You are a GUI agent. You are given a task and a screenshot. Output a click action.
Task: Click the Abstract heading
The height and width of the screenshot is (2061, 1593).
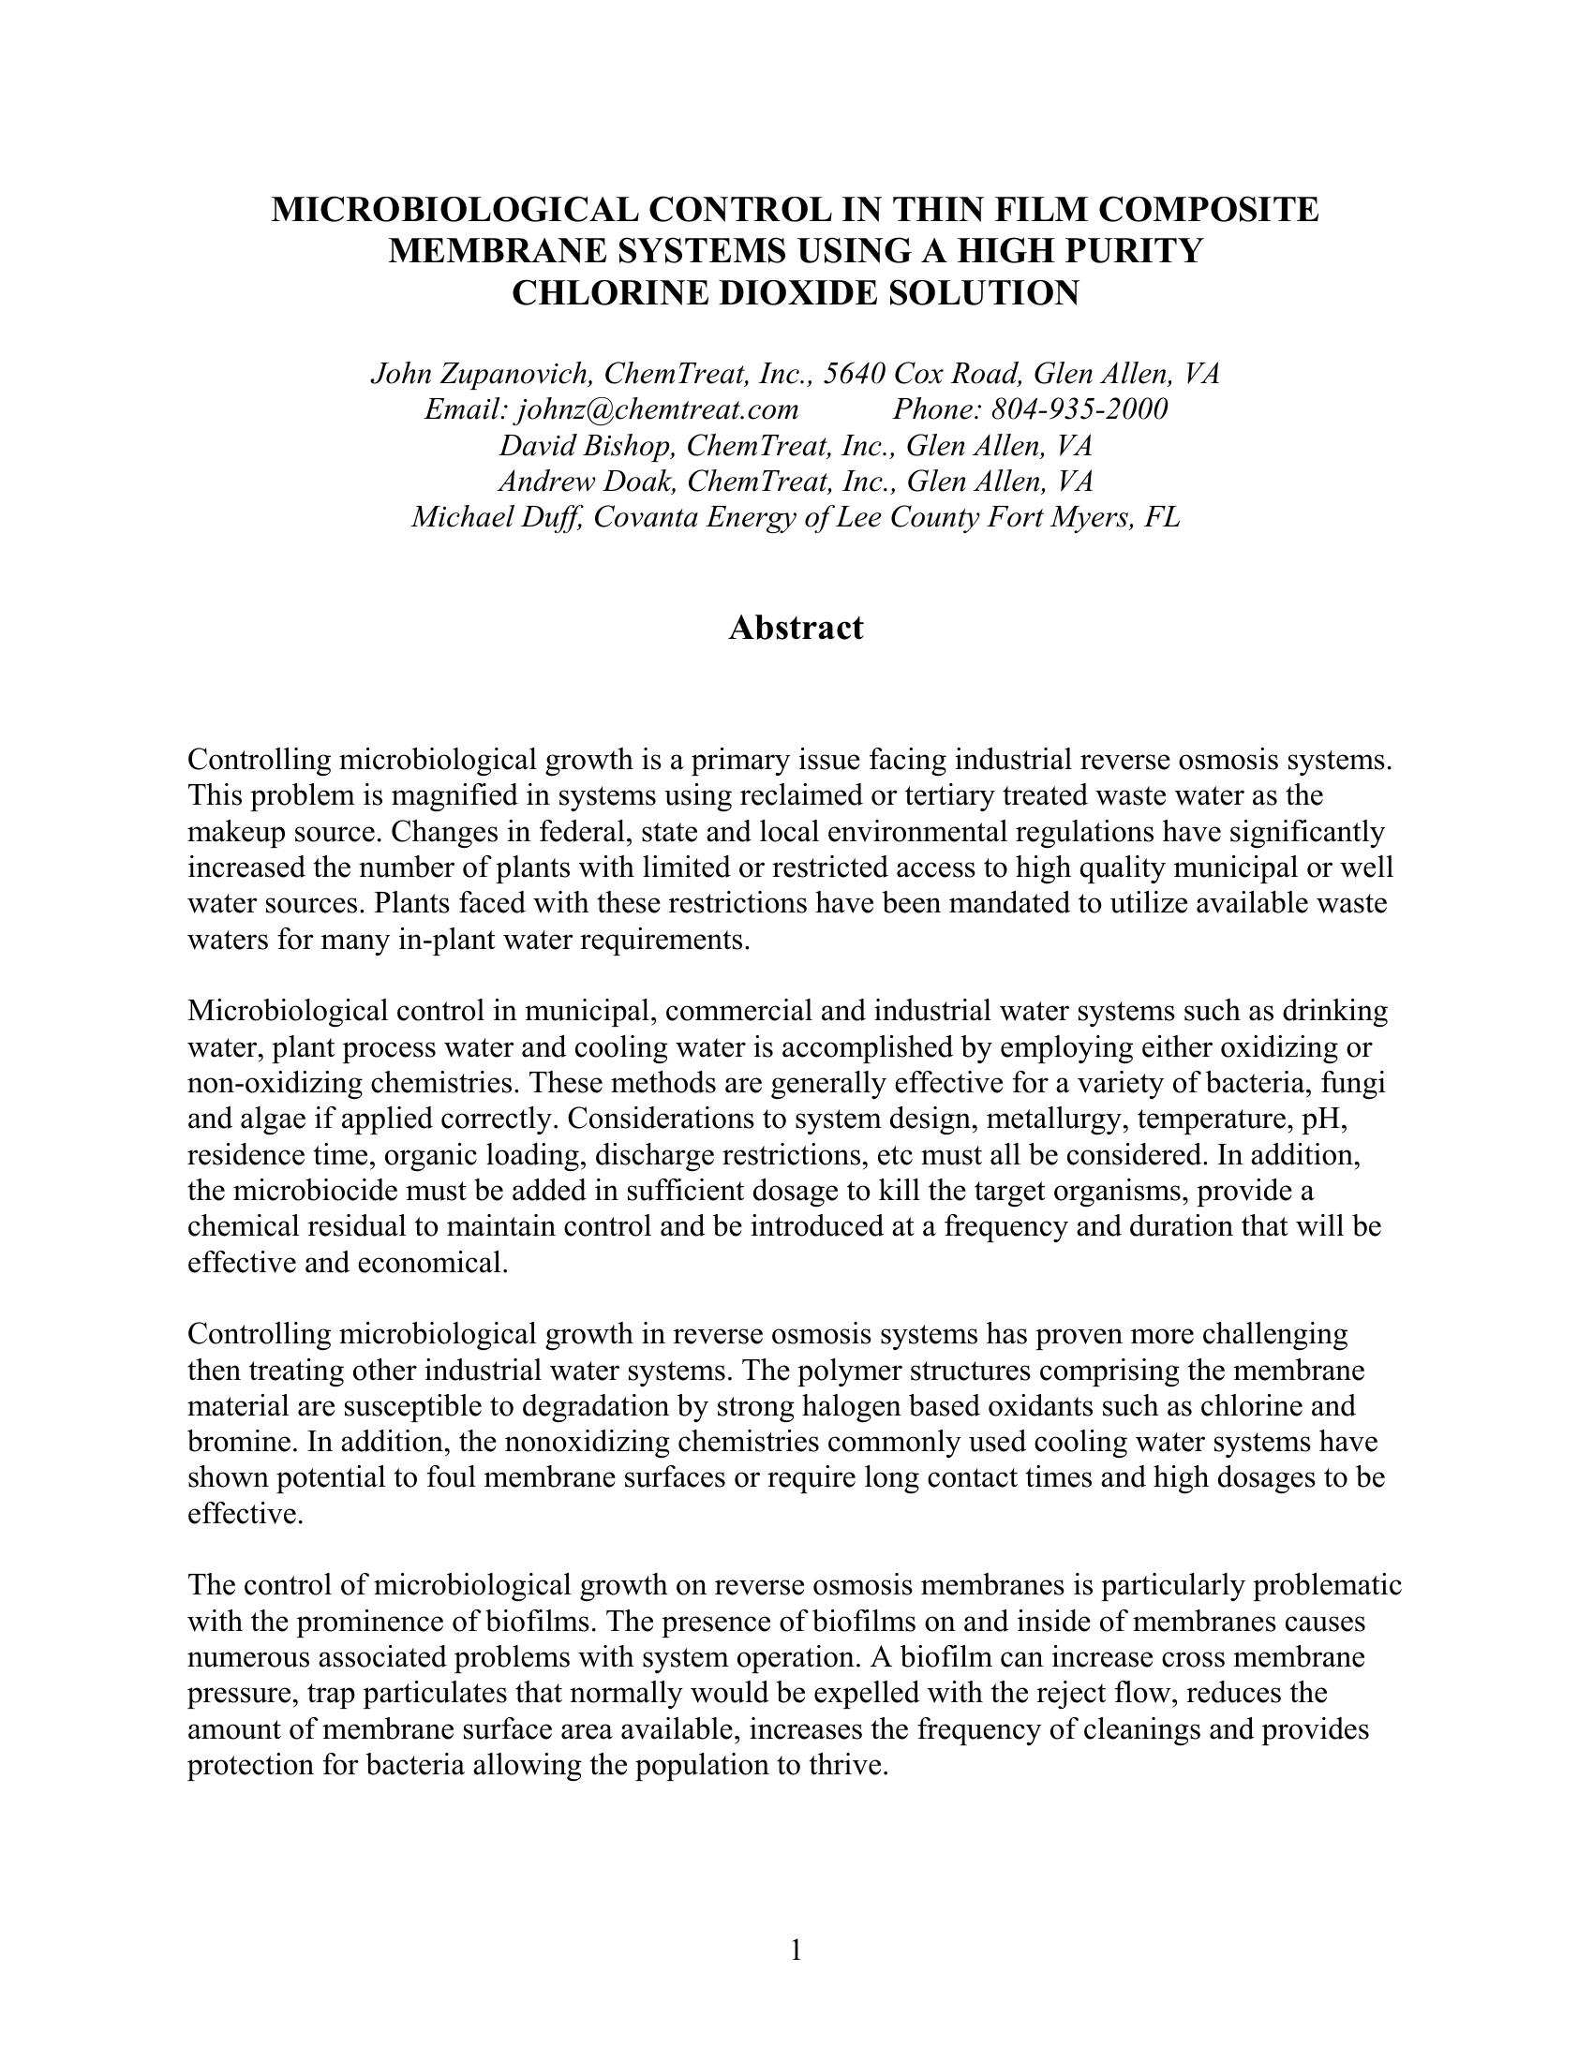click(x=796, y=629)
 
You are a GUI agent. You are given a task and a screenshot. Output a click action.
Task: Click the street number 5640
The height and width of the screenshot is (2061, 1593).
click(x=854, y=374)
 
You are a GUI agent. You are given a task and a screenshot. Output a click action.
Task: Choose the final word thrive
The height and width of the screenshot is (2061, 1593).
click(x=849, y=1765)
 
